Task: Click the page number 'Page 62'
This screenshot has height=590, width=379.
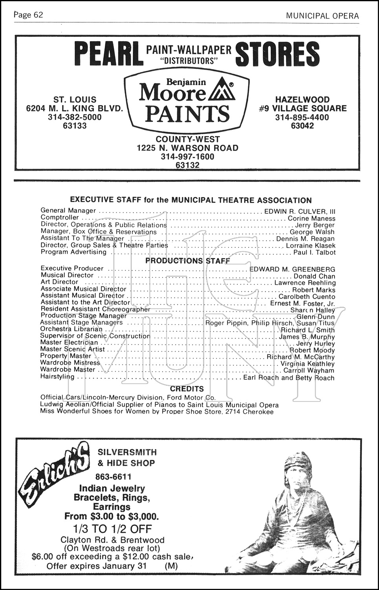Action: (28, 15)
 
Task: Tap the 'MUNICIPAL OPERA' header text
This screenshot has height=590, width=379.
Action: (322, 16)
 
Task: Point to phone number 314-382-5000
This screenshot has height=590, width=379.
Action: (75, 117)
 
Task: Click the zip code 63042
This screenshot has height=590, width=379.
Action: (302, 126)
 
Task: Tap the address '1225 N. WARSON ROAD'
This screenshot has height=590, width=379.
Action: (187, 148)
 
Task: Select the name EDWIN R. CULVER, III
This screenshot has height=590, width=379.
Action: (300, 211)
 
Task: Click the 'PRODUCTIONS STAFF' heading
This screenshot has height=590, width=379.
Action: (188, 261)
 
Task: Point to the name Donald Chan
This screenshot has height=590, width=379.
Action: (314, 277)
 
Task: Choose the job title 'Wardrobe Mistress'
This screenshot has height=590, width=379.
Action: (70, 363)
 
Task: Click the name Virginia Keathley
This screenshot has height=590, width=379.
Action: (308, 364)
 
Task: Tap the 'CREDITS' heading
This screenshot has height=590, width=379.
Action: (187, 389)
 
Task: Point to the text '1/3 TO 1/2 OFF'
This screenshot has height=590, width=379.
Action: (112, 529)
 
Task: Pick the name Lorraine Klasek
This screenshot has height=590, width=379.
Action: (311, 245)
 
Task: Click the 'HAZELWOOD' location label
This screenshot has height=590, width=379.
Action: (302, 100)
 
